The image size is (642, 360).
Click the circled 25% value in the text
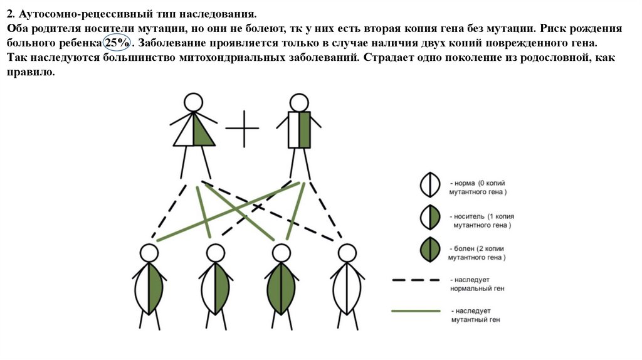pos(115,43)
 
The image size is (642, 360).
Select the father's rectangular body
pos(299,130)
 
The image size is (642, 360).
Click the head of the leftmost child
pos(149,253)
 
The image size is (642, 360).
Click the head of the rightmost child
pos(347,253)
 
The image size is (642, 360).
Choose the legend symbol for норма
pos(429,186)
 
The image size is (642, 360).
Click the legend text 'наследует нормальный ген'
pos(477,284)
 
